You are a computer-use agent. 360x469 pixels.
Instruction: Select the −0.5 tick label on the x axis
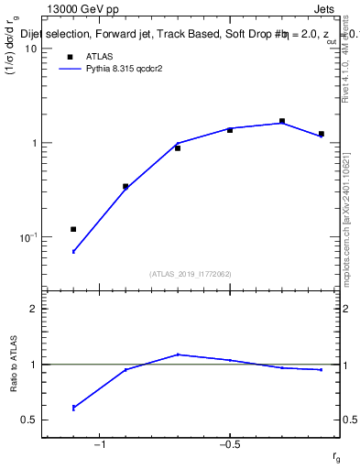[x=229, y=445]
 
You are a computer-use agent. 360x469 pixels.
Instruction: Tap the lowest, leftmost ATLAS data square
[x=73, y=229]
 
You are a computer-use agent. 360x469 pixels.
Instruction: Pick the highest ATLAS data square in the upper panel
[x=282, y=121]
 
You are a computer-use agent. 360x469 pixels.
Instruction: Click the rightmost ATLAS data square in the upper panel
[x=321, y=134]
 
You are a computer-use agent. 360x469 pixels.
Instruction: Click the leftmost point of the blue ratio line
[x=73, y=407]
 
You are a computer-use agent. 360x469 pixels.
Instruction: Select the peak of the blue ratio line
[x=178, y=354]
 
